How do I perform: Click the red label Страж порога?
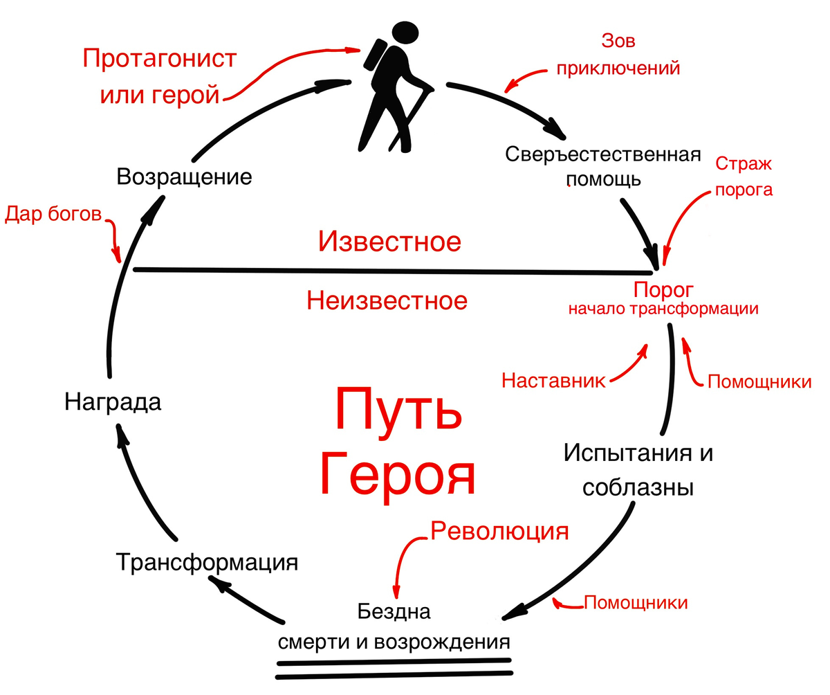coord(744,177)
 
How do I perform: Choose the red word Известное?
coord(389,242)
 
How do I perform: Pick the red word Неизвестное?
coord(387,300)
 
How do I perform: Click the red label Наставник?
coord(553,381)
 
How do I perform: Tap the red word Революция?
coord(499,531)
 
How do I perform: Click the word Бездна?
coord(394,611)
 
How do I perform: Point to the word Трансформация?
coord(207,561)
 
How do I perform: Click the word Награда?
coord(113,402)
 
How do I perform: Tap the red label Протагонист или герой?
coord(160,76)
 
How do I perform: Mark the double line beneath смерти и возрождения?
coord(394,669)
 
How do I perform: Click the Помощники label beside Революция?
coord(636,602)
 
